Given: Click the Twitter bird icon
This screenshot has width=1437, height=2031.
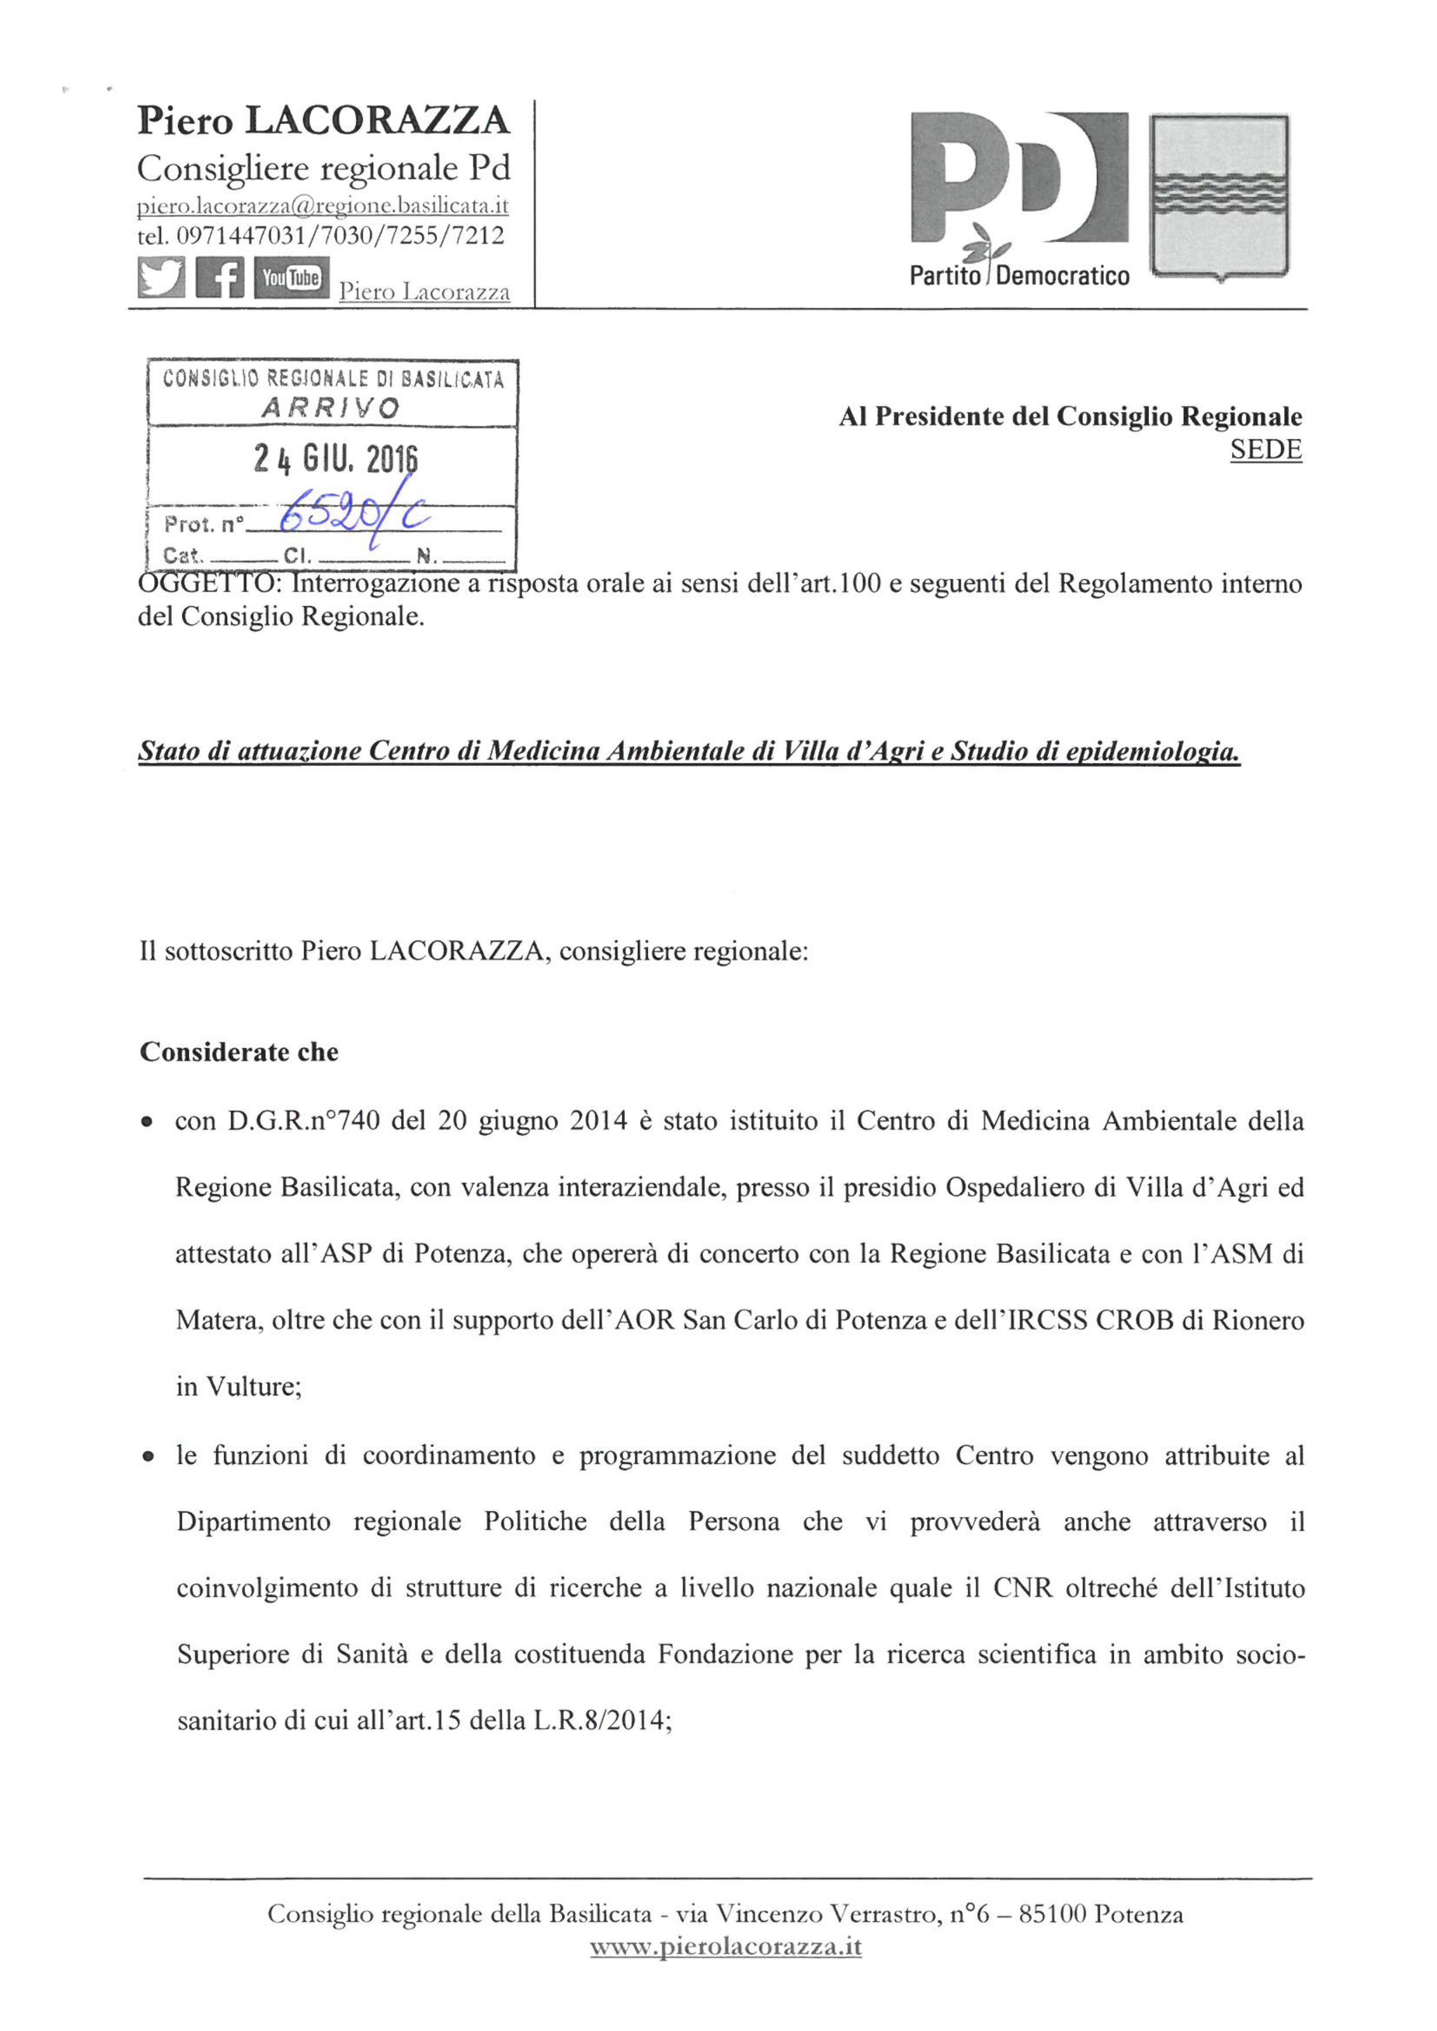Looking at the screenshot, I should pyautogui.click(x=161, y=278).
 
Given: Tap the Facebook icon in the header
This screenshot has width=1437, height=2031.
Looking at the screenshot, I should pyautogui.click(x=220, y=278).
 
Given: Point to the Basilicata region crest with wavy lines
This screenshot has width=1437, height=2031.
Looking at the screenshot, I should pyautogui.click(x=1219, y=196).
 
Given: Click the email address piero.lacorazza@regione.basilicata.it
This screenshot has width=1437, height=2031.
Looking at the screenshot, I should pyautogui.click(x=323, y=206).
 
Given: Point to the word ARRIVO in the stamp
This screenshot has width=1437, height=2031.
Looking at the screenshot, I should pyautogui.click(x=331, y=408).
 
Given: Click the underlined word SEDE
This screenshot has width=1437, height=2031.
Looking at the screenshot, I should pyautogui.click(x=1265, y=450).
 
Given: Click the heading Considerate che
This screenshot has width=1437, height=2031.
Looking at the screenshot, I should pyautogui.click(x=239, y=1052).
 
